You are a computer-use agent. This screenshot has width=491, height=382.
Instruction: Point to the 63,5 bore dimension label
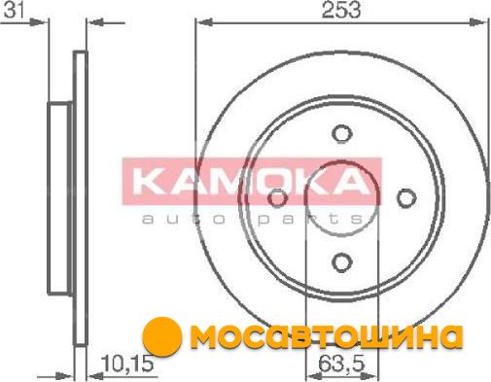click(x=341, y=364)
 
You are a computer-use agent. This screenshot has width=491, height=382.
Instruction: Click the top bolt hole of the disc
click(x=342, y=133)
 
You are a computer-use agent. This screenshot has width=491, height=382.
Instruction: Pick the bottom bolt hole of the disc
click(x=342, y=261)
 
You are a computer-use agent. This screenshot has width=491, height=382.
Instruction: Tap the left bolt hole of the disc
click(x=278, y=198)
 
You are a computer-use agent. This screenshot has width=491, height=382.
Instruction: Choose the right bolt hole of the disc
click(x=406, y=198)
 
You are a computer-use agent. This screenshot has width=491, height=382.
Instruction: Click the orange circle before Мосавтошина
click(x=162, y=335)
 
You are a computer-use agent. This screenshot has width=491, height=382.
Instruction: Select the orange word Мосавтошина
click(x=327, y=336)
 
